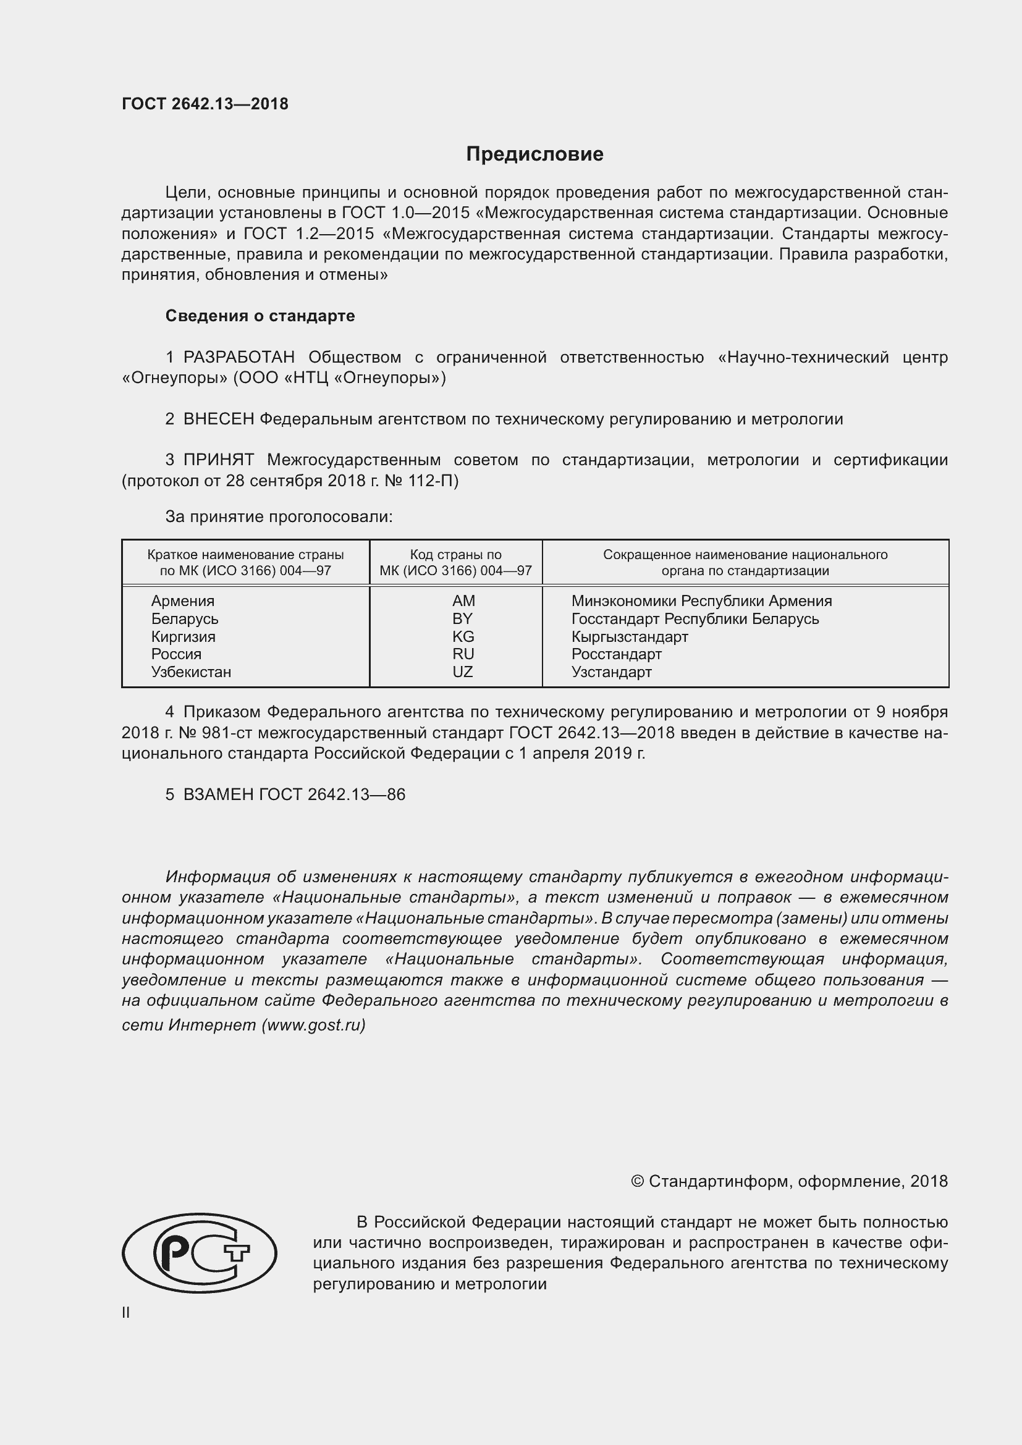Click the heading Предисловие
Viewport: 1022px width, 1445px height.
(534, 154)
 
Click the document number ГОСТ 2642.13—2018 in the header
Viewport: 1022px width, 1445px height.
(205, 104)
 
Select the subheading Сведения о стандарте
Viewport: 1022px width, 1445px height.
(260, 316)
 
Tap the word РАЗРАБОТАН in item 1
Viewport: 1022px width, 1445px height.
(239, 358)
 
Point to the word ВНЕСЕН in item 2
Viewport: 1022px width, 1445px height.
(218, 419)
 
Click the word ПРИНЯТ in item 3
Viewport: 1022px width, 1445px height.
(218, 460)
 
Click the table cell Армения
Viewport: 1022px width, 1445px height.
(182, 601)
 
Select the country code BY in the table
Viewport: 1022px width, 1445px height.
(462, 618)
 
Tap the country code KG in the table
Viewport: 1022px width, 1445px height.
(463, 636)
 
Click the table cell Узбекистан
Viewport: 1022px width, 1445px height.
(191, 672)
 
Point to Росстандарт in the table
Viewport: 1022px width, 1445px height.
(616, 654)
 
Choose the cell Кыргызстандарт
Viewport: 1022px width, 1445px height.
(629, 636)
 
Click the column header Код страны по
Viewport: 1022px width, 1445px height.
(455, 554)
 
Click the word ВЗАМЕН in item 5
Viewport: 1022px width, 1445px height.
(218, 794)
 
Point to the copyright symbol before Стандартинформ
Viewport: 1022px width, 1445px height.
(637, 1181)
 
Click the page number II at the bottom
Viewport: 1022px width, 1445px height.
(126, 1313)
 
